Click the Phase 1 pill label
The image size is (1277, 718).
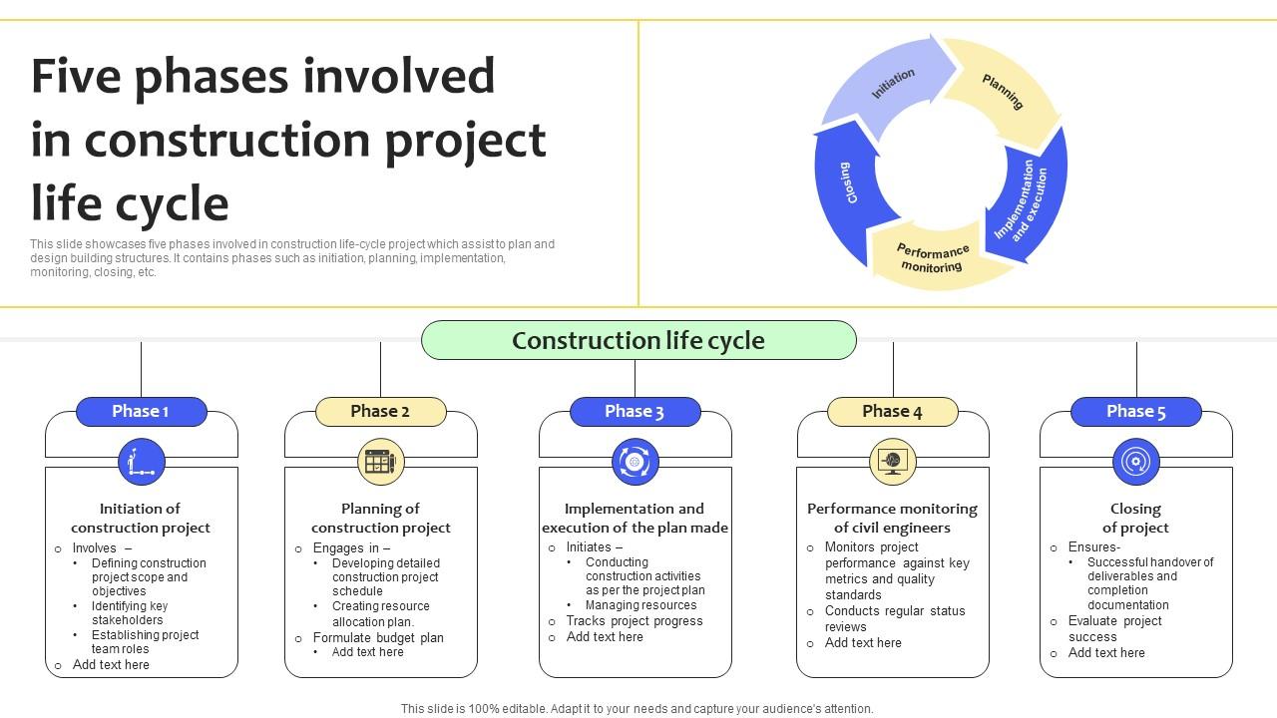click(141, 412)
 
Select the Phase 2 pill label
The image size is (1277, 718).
click(380, 412)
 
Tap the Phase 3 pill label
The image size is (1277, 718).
click(635, 412)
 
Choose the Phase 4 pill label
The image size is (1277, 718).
click(892, 412)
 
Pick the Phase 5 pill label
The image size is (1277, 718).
click(1135, 412)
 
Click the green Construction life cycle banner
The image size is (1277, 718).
click(638, 340)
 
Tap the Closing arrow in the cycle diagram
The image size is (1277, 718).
click(850, 184)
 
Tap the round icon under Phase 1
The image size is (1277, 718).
click(141, 462)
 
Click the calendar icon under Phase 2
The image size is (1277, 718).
click(380, 462)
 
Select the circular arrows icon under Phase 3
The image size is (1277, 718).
click(635, 462)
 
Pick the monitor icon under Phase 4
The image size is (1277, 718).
click(892, 462)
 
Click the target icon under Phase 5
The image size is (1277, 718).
click(1135, 462)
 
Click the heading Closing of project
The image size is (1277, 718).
click(1135, 518)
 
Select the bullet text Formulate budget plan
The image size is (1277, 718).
click(378, 638)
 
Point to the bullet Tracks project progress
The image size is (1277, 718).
click(635, 621)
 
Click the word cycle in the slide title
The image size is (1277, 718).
click(173, 202)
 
